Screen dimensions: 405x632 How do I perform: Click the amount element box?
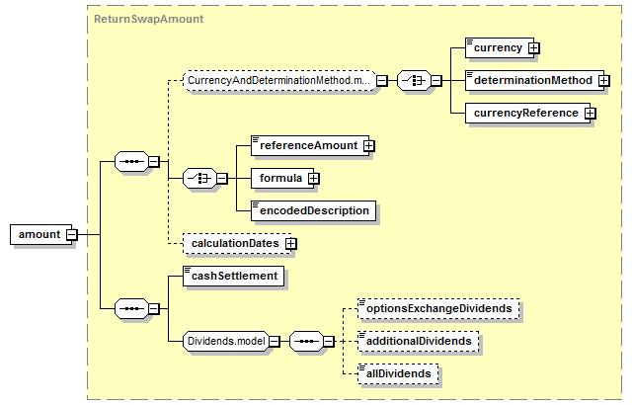[x=38, y=235]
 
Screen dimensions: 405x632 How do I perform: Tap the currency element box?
[x=498, y=46]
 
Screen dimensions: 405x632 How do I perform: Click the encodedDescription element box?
[x=314, y=210]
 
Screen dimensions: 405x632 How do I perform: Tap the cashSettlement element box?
[x=234, y=276]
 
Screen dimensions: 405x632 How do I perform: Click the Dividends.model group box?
[x=226, y=341]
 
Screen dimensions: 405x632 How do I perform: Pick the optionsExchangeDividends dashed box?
[x=438, y=308]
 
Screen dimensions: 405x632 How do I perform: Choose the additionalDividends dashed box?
[x=419, y=341]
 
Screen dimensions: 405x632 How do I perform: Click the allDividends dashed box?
[x=398, y=374]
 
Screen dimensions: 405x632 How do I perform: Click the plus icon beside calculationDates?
[x=291, y=243]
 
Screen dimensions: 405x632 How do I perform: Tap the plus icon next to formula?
[x=315, y=179]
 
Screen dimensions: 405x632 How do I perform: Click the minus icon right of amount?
[x=72, y=235]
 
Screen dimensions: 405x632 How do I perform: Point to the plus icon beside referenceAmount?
[x=369, y=146]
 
